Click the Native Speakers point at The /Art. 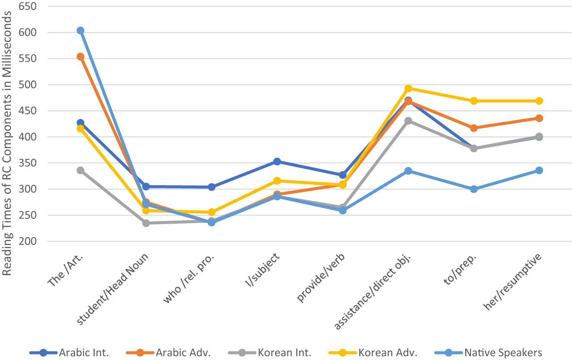tap(80, 31)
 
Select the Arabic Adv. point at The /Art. tap(80, 57)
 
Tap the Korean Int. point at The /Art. tap(80, 170)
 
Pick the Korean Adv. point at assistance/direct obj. tap(408, 89)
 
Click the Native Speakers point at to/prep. tap(474, 189)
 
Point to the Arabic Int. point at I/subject tap(277, 161)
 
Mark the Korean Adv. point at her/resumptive tap(539, 101)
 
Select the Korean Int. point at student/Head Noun tap(146, 223)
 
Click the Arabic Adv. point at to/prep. tap(474, 128)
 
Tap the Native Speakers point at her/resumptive tap(539, 170)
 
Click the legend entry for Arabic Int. tap(69, 352)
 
